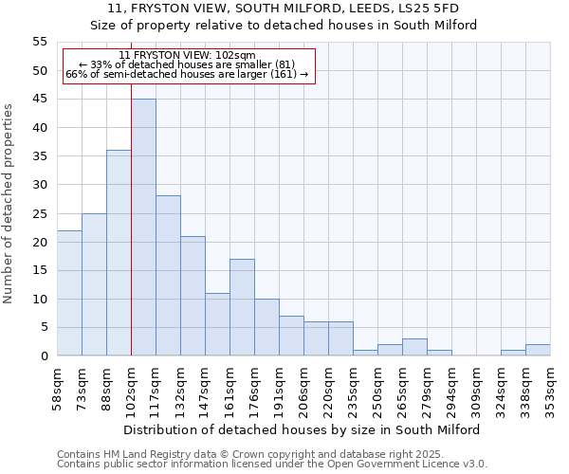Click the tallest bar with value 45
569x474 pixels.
coord(143,228)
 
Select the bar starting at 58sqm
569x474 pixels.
coord(69,293)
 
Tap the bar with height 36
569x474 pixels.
coord(119,253)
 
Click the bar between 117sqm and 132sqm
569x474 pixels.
coord(168,276)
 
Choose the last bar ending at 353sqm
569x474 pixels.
coord(538,350)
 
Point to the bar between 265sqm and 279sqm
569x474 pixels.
coord(414,347)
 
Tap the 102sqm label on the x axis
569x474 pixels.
coord(132,387)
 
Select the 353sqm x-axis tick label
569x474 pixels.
coord(551,387)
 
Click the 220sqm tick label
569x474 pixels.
coord(329,387)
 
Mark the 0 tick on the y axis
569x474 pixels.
coord(44,356)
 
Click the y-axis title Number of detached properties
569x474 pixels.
coord(9,203)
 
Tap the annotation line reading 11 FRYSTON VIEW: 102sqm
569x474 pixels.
coord(188,56)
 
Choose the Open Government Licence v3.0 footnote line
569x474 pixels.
coord(272,465)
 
